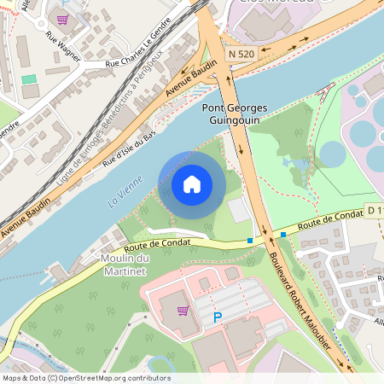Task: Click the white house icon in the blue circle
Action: (192, 184)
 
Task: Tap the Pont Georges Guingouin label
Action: (235, 114)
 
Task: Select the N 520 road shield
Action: (242, 53)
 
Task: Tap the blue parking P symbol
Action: (217, 317)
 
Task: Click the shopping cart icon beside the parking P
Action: (183, 311)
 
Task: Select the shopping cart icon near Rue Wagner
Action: (61, 19)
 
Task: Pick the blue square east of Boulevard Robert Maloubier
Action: (283, 234)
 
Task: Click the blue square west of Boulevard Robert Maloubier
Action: (249, 241)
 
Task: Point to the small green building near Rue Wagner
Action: (29, 79)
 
